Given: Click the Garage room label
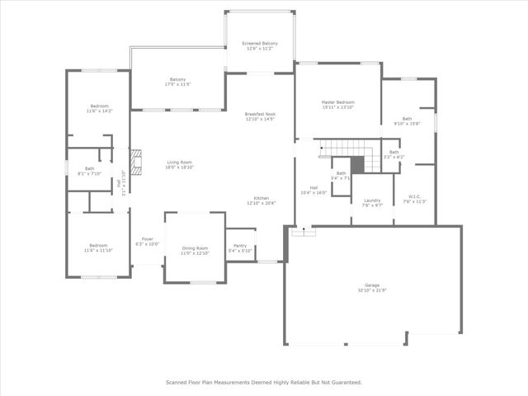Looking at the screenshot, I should coord(372,285).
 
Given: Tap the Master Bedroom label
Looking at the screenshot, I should coord(337,102).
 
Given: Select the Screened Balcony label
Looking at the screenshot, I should coord(260,43).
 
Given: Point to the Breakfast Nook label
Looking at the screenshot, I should coord(260,114).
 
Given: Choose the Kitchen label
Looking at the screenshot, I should coord(262,199).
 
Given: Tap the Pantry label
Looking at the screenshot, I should coord(240,246).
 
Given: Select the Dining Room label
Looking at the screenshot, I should coord(195,248).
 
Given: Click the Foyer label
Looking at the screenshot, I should coord(147,238).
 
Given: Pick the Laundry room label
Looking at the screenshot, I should coord(372,200).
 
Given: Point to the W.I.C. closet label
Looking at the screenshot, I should coord(414,196).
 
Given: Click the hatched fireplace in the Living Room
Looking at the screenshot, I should coord(136,159).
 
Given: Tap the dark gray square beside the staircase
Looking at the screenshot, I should coord(357,164).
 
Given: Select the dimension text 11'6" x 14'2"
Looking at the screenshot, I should coord(98,112).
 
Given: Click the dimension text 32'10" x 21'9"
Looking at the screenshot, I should coord(372,290).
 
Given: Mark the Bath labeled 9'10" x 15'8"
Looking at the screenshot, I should coord(407,119).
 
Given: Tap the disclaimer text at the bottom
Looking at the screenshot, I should coord(264,382).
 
